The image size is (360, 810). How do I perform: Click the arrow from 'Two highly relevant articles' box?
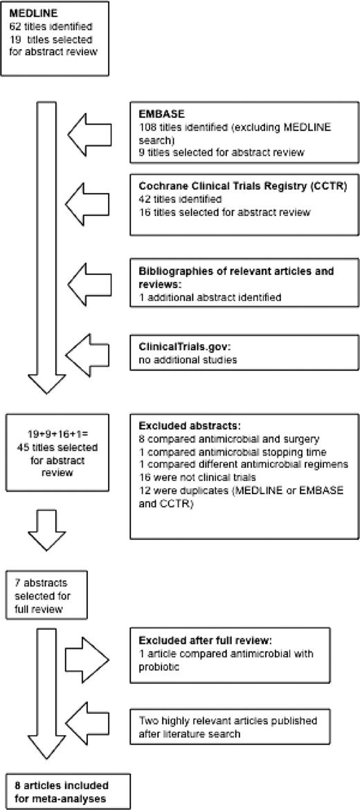[x=89, y=723]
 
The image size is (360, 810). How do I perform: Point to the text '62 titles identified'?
[x=41, y=26]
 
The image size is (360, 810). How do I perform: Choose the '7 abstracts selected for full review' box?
[x=45, y=595]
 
